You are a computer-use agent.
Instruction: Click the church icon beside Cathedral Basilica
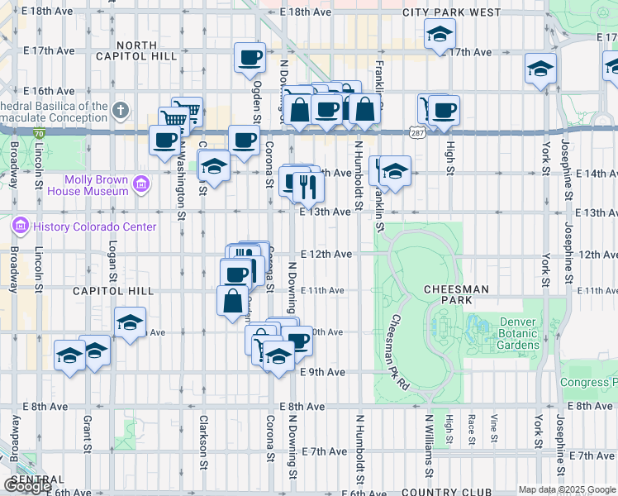click(x=121, y=110)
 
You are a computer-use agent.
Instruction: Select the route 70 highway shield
click(x=38, y=133)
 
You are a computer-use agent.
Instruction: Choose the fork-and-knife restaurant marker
click(x=308, y=188)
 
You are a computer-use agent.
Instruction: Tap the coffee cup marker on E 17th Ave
click(x=250, y=58)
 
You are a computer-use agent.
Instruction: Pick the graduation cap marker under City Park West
click(x=440, y=34)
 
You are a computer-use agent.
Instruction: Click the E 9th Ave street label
click(x=323, y=372)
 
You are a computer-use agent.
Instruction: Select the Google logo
click(x=27, y=485)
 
